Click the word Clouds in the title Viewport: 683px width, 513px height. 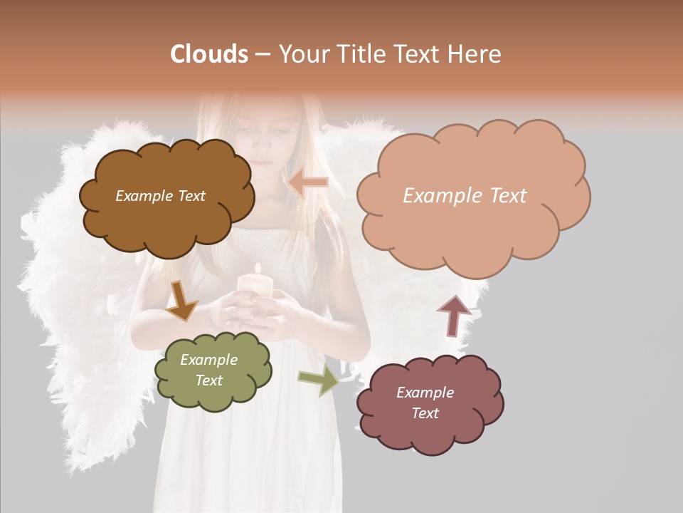tap(208, 54)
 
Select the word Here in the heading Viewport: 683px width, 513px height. tap(475, 54)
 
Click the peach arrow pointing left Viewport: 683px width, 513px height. tap(308, 182)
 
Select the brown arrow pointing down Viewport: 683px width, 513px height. tap(182, 301)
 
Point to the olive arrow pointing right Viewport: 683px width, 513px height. tap(319, 380)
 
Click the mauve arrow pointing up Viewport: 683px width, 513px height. tap(453, 315)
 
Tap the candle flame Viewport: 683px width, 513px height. tap(258, 270)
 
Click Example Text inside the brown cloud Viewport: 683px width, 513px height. tap(160, 196)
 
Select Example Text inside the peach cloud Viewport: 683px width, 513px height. tap(465, 196)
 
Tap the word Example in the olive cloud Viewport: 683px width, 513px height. tap(208, 360)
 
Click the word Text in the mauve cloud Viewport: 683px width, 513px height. tap(425, 413)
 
